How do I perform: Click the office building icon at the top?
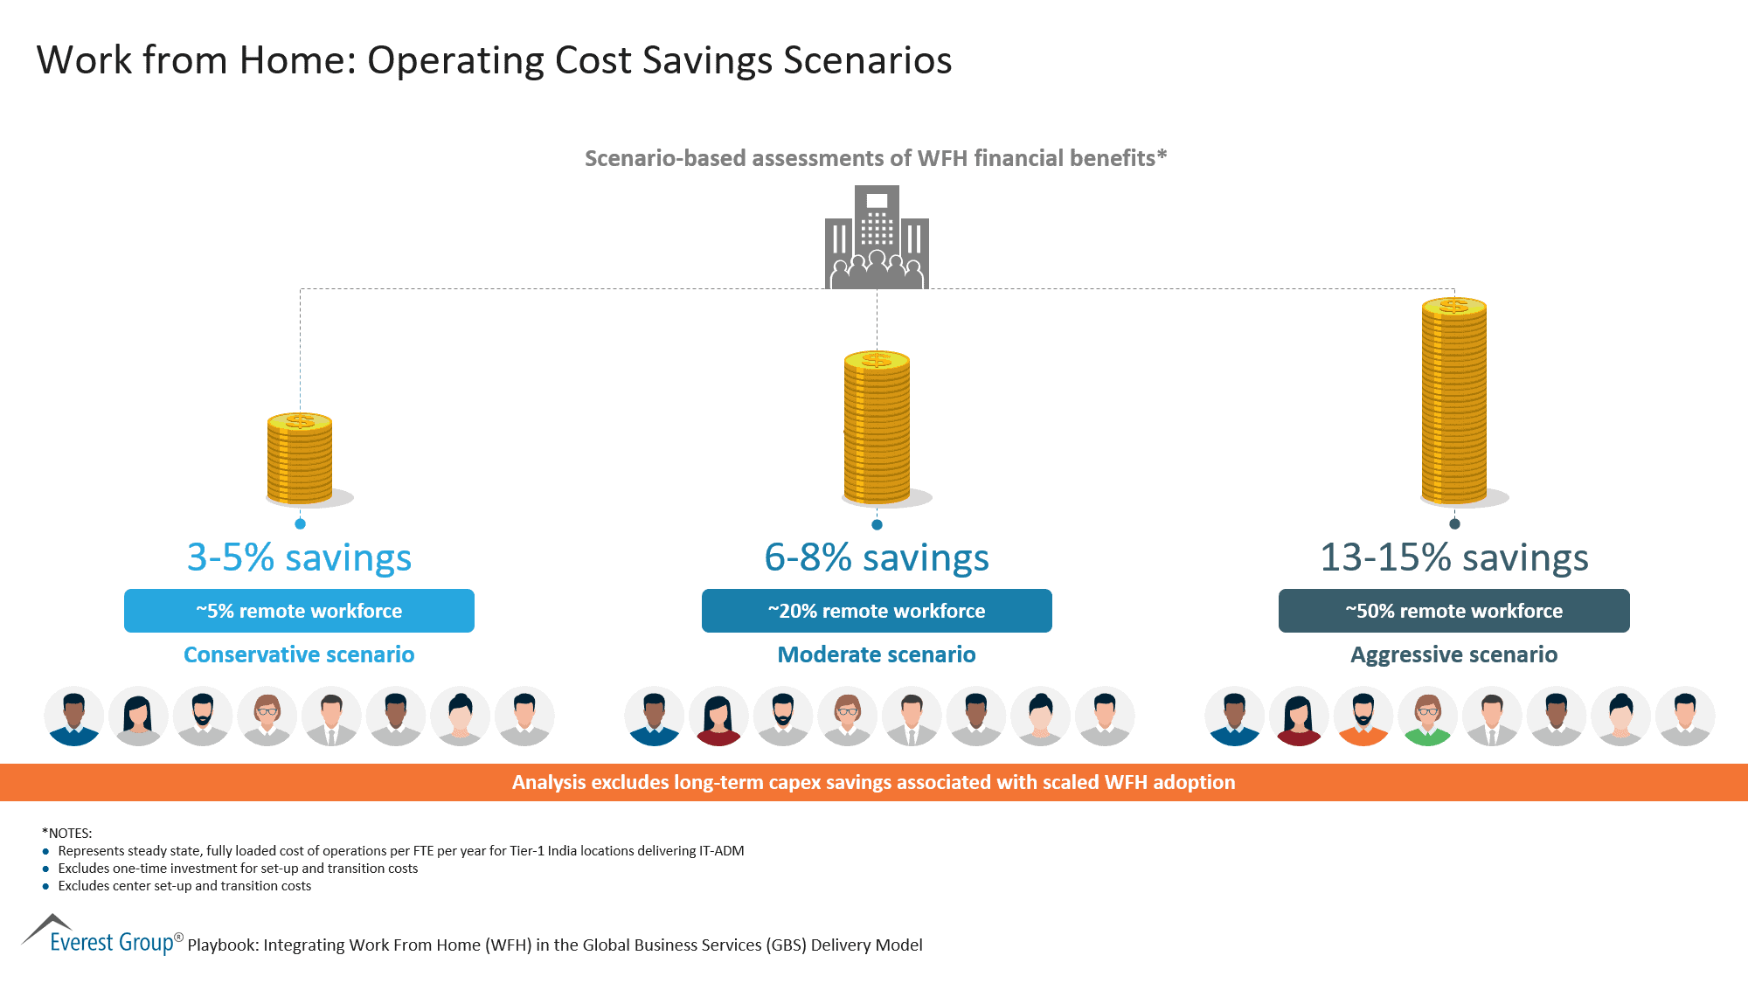click(877, 237)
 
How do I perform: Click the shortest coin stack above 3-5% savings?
click(300, 459)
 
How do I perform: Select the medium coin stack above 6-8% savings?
click(877, 428)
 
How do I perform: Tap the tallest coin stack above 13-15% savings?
click(1454, 402)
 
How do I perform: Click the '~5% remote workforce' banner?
click(299, 611)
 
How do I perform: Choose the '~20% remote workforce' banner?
click(877, 611)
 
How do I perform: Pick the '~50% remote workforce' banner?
click(1454, 611)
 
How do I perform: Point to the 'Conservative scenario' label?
click(299, 654)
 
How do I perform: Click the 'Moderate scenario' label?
click(877, 654)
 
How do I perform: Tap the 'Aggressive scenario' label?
click(1454, 654)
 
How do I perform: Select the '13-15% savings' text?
click(1454, 557)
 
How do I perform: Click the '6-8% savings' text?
click(877, 557)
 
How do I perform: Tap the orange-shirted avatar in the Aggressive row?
click(1363, 716)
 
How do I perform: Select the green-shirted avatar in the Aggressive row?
click(1428, 716)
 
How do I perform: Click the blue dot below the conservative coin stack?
click(300, 523)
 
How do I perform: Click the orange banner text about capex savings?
click(874, 782)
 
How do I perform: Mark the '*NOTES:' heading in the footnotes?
click(66, 833)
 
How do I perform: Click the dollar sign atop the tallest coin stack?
click(1454, 305)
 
